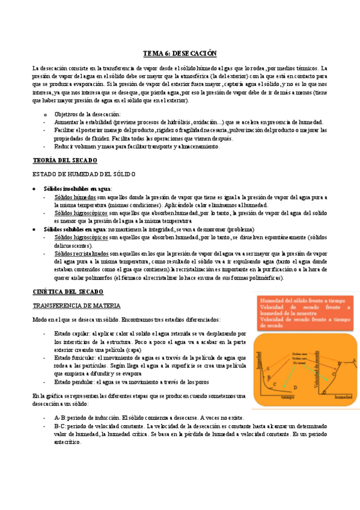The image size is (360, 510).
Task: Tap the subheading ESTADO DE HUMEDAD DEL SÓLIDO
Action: point(84,174)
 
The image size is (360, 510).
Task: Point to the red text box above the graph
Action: point(304,312)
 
